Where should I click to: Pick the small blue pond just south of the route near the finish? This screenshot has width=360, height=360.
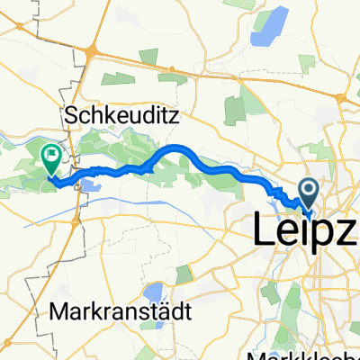click(x=91, y=186)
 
